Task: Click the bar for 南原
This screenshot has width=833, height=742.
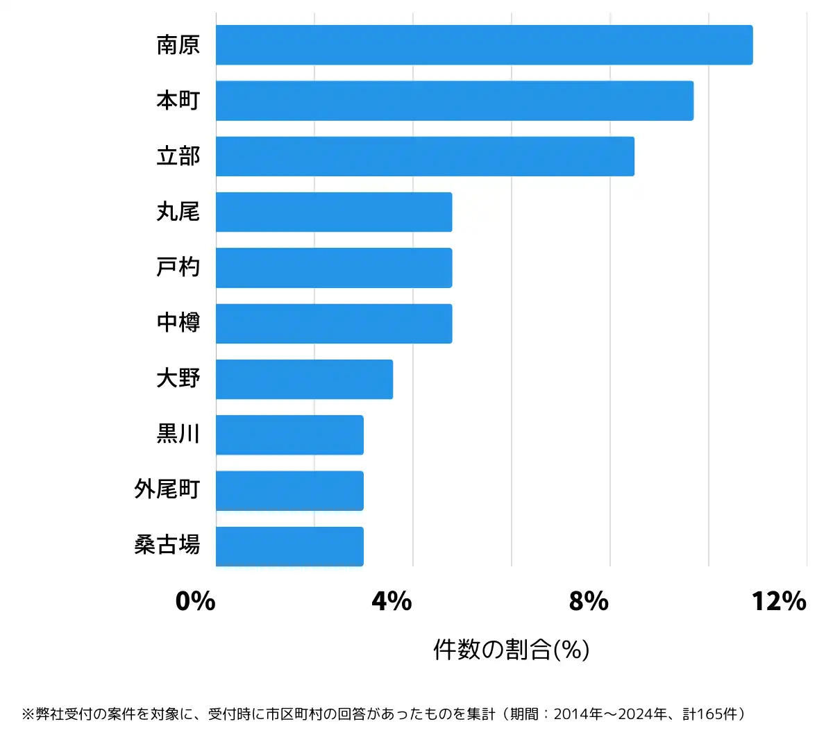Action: click(484, 45)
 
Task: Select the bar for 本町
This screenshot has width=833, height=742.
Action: click(455, 101)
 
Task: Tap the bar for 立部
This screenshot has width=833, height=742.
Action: click(425, 156)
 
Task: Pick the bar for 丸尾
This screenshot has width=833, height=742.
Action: click(334, 212)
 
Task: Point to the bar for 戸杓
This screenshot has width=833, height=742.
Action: click(334, 268)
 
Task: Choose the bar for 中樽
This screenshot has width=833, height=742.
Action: click(334, 323)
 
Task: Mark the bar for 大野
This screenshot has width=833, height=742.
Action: click(304, 379)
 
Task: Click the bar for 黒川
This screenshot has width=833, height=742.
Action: click(289, 435)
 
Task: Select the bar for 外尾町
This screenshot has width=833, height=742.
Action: click(289, 491)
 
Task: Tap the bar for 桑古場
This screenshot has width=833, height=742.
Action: click(289, 546)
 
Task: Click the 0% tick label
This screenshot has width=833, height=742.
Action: click(195, 601)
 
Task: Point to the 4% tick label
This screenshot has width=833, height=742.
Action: click(392, 601)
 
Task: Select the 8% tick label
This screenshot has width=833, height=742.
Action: click(589, 601)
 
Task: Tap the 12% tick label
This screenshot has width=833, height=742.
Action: click(779, 601)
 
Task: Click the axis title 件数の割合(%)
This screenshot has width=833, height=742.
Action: click(512, 650)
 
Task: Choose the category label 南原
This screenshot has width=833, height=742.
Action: click(178, 45)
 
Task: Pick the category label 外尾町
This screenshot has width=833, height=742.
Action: click(167, 490)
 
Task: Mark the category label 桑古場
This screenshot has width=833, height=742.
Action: click(167, 546)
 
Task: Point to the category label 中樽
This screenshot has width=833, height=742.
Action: click(178, 323)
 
